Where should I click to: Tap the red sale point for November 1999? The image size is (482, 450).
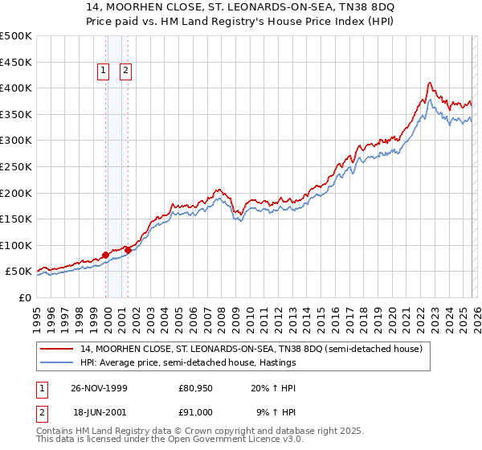[x=106, y=256]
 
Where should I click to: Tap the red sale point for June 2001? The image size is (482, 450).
[x=128, y=250]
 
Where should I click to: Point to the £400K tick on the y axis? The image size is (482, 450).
[x=16, y=88]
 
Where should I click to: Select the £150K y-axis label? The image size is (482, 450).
[x=16, y=219]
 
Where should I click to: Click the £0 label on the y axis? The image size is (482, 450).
[x=24, y=297]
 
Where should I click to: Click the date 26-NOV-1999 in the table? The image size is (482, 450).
[x=99, y=388]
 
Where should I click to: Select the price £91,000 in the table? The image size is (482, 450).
[x=195, y=412]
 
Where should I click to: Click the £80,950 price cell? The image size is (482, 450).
[x=195, y=388]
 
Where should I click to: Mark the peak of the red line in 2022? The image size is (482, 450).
[x=430, y=82]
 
